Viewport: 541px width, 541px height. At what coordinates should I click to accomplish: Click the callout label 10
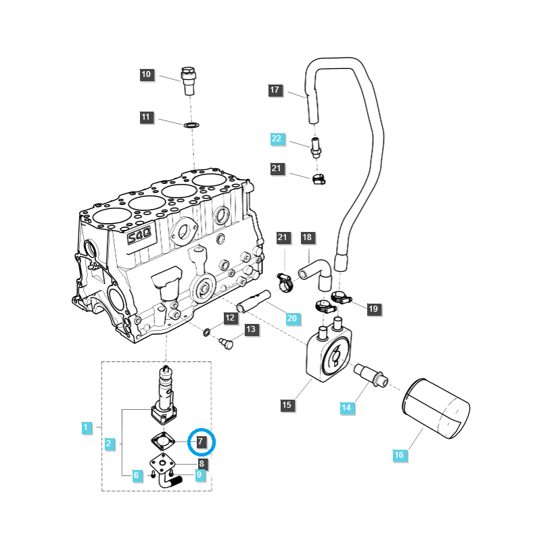147,75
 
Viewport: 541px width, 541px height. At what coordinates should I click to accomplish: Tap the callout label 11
147,118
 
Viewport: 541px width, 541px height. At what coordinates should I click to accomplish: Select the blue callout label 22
277,139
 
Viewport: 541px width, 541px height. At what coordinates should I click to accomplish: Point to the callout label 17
275,90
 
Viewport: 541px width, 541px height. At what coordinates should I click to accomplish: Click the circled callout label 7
200,442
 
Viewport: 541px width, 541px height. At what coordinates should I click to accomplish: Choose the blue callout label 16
399,455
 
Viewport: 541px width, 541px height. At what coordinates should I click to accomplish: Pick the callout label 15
287,405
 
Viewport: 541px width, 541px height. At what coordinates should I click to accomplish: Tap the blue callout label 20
292,319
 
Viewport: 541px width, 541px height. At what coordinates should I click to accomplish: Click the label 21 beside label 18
283,237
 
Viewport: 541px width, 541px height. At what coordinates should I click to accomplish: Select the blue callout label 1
86,427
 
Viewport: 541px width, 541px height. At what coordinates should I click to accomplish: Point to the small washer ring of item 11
191,125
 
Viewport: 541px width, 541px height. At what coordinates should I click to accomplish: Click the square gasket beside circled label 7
165,441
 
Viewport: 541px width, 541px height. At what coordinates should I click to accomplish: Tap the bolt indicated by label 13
227,344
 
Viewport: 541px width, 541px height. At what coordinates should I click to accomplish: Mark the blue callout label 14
347,408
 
